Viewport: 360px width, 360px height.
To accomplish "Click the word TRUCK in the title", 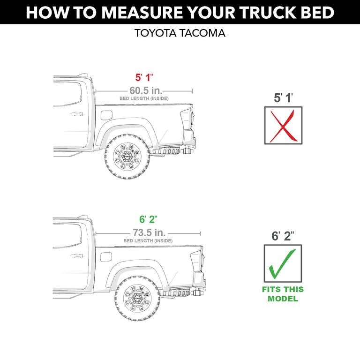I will click(x=256, y=12).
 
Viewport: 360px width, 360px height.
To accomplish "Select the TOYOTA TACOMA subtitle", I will click(x=180, y=33).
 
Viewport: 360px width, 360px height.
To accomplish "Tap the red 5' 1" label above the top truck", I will click(x=144, y=78).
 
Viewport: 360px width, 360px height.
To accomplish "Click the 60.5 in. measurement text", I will click(x=144, y=90).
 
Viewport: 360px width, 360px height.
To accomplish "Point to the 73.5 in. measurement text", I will click(x=148, y=232).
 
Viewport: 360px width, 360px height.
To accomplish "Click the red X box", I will click(x=283, y=126).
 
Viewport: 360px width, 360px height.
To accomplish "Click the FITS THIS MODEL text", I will click(x=283, y=294).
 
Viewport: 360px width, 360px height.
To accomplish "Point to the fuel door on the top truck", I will click(x=106, y=115).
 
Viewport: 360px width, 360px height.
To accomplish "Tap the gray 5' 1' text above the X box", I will click(x=283, y=98).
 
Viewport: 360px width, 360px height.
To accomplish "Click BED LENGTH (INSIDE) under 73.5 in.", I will click(x=148, y=241).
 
